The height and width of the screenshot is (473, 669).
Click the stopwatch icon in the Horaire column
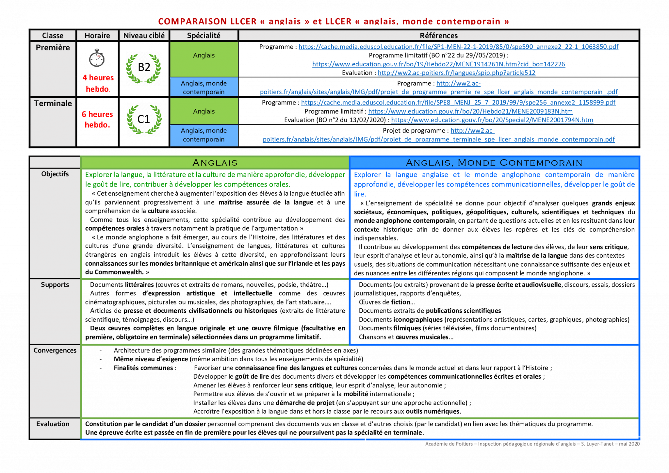coord(97,58)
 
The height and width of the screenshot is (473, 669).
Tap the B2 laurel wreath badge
coord(144,69)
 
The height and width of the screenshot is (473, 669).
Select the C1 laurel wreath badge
coord(144,120)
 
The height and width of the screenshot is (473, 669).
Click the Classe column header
coord(53,35)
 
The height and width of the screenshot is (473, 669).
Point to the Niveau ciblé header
coord(144,35)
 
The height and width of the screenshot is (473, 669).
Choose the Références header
coord(438,35)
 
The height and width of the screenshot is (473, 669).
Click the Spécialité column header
coord(204,35)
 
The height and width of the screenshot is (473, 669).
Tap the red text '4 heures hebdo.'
coord(98,83)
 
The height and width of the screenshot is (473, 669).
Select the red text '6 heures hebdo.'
coord(97,120)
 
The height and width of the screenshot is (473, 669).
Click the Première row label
coord(53,48)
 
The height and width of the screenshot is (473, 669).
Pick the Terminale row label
coord(53,104)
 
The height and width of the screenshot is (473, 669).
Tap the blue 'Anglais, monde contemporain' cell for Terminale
coord(204,135)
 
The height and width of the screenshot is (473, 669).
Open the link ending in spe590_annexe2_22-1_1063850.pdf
coord(458,47)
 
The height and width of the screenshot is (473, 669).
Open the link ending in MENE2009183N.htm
coord(470,111)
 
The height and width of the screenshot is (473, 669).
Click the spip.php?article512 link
coord(456,73)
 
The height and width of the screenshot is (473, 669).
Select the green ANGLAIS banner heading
coord(215,163)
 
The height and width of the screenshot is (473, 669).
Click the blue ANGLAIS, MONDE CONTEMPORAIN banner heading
coord(494,163)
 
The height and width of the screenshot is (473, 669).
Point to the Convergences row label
coord(55,351)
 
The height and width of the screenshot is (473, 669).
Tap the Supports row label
coord(55,285)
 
